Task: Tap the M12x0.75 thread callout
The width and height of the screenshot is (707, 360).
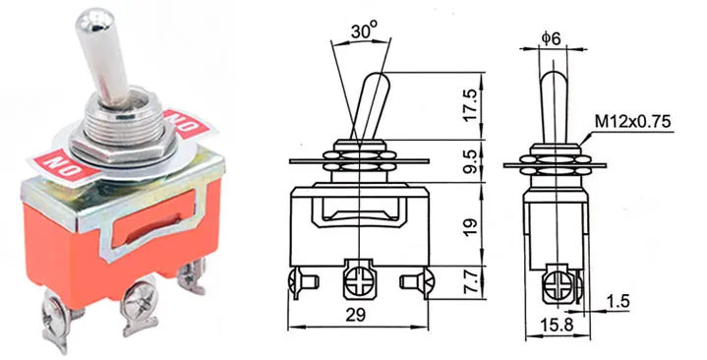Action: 631,122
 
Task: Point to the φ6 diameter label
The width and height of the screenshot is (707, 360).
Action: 552,39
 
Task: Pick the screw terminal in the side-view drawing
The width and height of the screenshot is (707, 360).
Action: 558,284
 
